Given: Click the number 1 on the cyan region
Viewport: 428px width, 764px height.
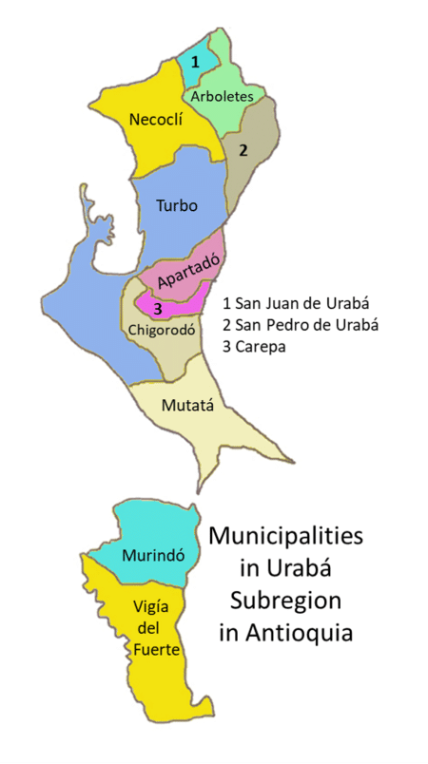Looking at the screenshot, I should pyautogui.click(x=195, y=62).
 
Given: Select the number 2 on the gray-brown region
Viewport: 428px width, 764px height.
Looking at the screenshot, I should pyautogui.click(x=243, y=149).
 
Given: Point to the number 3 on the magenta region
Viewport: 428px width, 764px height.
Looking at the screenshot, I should pyautogui.click(x=158, y=309).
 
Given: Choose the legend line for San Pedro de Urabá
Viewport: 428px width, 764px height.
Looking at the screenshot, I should pyautogui.click(x=300, y=325).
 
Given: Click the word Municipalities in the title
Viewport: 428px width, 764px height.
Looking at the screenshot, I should pyautogui.click(x=285, y=537).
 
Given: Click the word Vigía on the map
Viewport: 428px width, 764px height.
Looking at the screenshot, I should pyautogui.click(x=148, y=606).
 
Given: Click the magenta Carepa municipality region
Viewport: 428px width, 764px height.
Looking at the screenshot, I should pyautogui.click(x=185, y=302).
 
